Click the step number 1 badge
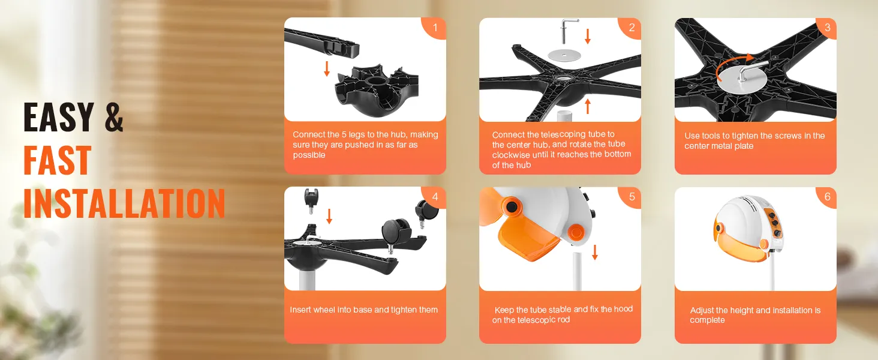[x=435, y=28]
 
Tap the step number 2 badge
[x=631, y=28]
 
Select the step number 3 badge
[x=826, y=28]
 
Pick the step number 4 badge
[x=435, y=197]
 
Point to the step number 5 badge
[x=631, y=197]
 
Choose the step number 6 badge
[x=826, y=197]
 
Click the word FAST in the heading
[x=57, y=160]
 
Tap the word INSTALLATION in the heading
[x=124, y=203]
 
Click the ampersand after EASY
[x=114, y=116]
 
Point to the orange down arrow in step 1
[x=326, y=68]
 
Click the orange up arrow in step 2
[x=588, y=106]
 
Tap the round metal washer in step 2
[x=564, y=55]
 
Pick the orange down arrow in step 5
[x=595, y=252]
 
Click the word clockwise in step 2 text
[x=512, y=155]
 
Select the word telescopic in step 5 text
[x=538, y=320]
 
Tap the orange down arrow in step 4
[x=329, y=217]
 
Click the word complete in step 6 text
[x=708, y=320]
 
